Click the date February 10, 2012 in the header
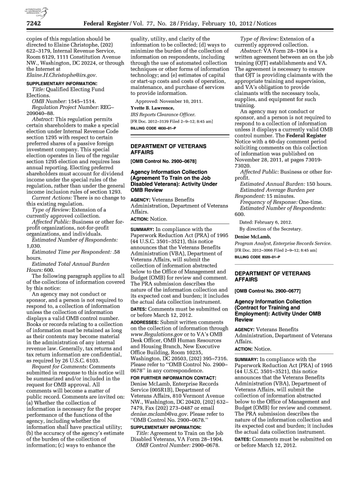(x=235, y=23)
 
